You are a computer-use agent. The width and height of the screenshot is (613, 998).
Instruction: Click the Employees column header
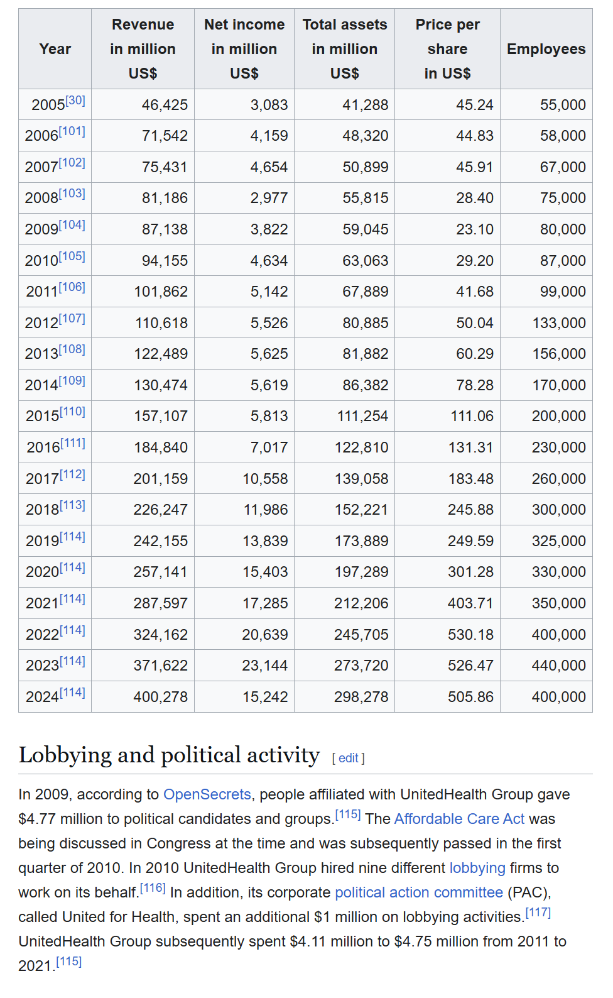(546, 49)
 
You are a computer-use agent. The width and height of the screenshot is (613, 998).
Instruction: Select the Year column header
(55, 49)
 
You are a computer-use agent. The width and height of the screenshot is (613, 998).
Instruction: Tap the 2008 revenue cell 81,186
(165, 198)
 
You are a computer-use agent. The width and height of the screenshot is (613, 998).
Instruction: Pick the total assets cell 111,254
(362, 416)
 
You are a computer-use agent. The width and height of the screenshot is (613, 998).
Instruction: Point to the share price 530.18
(470, 635)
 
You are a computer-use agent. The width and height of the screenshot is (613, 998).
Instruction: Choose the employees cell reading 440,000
(558, 666)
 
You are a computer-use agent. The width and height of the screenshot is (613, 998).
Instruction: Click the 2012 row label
(41, 323)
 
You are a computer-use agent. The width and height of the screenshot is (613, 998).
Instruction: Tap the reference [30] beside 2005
(75, 101)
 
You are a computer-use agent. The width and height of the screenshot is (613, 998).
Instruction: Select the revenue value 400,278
(160, 697)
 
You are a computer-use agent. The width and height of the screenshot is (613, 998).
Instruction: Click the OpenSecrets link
(207, 794)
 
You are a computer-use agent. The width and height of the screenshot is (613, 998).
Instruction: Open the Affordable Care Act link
(459, 819)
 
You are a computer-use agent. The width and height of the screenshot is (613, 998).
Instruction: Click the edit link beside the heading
(348, 758)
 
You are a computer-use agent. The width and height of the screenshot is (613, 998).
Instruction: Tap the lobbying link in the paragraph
(477, 868)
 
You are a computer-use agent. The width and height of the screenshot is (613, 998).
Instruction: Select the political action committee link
(419, 892)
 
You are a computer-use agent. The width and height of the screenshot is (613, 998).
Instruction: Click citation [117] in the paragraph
(538, 913)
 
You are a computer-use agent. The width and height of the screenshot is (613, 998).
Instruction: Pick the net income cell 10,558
(265, 479)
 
